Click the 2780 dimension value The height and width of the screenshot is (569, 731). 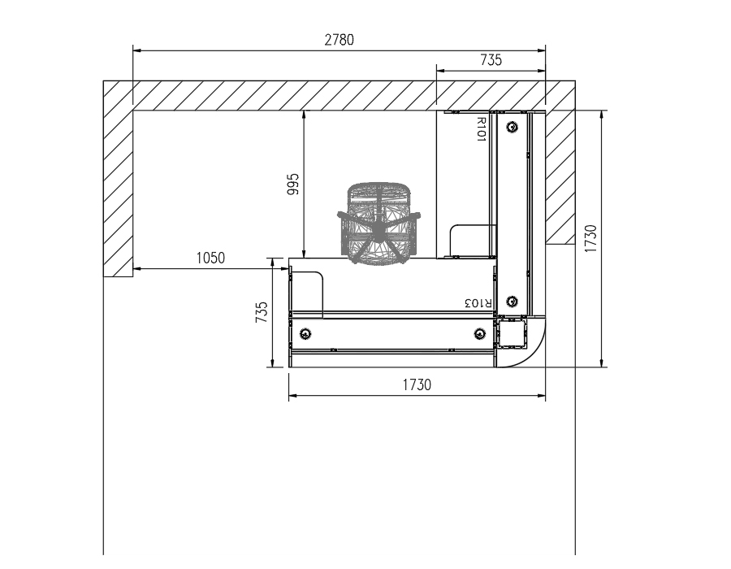click(339, 40)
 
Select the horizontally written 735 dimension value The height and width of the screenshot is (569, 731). click(491, 60)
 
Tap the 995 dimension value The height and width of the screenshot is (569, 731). click(293, 184)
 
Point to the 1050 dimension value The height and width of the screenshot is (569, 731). click(210, 258)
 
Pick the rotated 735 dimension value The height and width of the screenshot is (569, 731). click(262, 312)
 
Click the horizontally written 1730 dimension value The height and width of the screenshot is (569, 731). click(417, 384)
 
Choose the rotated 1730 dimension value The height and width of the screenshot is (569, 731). click(590, 238)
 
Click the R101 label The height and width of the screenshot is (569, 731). click(482, 129)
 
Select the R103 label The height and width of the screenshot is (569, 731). click(478, 302)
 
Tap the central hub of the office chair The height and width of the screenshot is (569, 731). click(379, 229)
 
